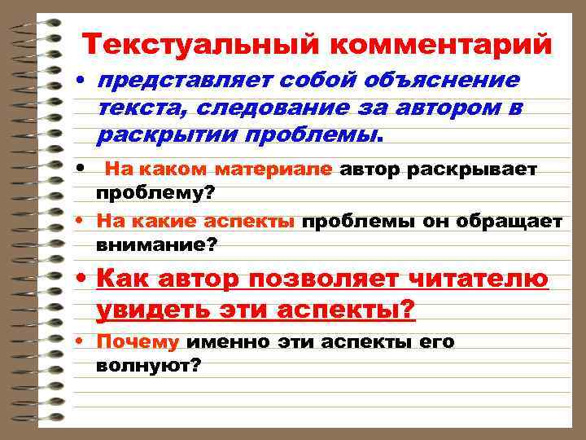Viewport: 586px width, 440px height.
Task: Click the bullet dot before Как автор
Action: (82, 279)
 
